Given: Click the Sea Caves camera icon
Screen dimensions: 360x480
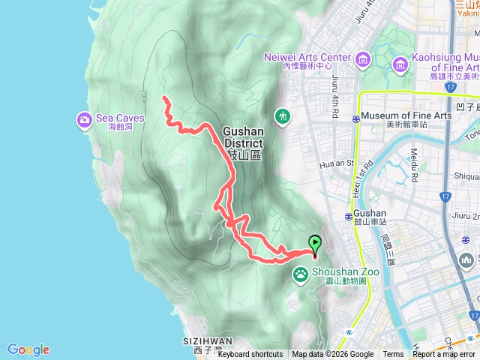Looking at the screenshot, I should [83, 118].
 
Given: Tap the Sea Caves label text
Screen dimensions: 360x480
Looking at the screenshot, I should [114, 118].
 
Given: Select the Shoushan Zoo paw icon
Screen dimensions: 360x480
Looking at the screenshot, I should [301, 273].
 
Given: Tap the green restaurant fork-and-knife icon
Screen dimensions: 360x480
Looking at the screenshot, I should [283, 116].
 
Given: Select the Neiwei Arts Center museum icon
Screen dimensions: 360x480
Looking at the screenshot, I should [362, 58].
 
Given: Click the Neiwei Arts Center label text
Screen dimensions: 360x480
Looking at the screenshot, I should [307, 58].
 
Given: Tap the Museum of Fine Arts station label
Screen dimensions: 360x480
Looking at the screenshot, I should [406, 115].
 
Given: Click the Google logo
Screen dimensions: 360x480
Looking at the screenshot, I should [28, 349].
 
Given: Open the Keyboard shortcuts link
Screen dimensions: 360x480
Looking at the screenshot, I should [250, 355].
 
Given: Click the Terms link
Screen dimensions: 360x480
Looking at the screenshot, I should [393, 355].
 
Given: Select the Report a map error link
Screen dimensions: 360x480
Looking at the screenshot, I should [445, 355].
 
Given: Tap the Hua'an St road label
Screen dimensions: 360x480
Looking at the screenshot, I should [336, 162].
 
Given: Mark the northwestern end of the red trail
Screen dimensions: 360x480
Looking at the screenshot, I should [164, 97].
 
